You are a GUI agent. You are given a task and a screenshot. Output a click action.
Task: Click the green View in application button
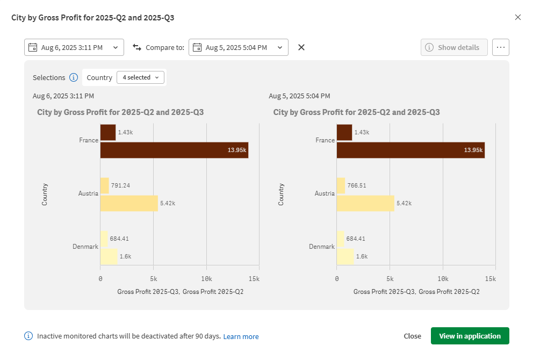[x=470, y=336]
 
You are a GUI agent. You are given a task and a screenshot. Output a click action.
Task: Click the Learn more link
[x=241, y=336]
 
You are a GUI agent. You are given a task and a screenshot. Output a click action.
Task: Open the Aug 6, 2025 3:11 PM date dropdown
[x=74, y=47]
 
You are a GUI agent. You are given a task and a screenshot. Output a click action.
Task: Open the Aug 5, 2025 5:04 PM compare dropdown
[x=239, y=47]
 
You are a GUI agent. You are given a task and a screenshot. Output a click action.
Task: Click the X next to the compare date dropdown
[x=301, y=47]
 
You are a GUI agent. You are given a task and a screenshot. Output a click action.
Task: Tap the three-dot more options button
[x=500, y=47]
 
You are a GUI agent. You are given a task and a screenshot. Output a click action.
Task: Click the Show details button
[x=454, y=47]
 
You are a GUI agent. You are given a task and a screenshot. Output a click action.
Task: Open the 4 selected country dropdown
[x=140, y=77]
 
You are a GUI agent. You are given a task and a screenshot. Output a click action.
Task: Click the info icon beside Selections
[x=74, y=77]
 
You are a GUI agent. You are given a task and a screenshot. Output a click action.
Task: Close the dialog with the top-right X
[x=518, y=17]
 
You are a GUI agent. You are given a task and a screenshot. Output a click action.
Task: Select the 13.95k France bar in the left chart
[x=174, y=150]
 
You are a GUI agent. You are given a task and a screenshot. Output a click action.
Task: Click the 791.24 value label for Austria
[x=120, y=185]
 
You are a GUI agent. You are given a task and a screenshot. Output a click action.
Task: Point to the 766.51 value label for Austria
[x=356, y=185]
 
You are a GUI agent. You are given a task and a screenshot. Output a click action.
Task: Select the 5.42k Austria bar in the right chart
[x=365, y=203]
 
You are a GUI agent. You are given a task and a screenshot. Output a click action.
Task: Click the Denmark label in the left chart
[x=85, y=247]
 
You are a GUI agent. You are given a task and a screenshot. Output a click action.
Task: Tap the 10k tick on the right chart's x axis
[x=443, y=279]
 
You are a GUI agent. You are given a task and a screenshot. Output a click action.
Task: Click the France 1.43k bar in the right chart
[x=344, y=132]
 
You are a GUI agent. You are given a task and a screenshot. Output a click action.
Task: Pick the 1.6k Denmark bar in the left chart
[x=109, y=256]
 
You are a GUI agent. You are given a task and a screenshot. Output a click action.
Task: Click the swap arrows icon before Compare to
[x=136, y=47]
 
